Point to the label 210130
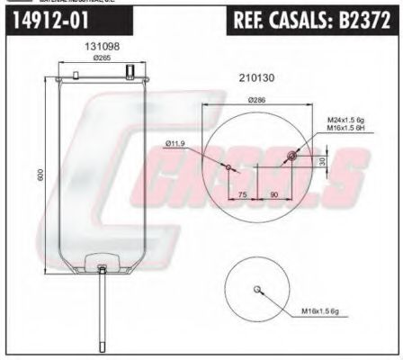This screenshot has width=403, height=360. pos(255,78)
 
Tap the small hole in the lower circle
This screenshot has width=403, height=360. pos(258,289)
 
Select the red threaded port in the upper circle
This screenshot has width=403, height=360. pos(291,158)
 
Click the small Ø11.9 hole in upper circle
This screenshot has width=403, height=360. pos(228,167)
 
